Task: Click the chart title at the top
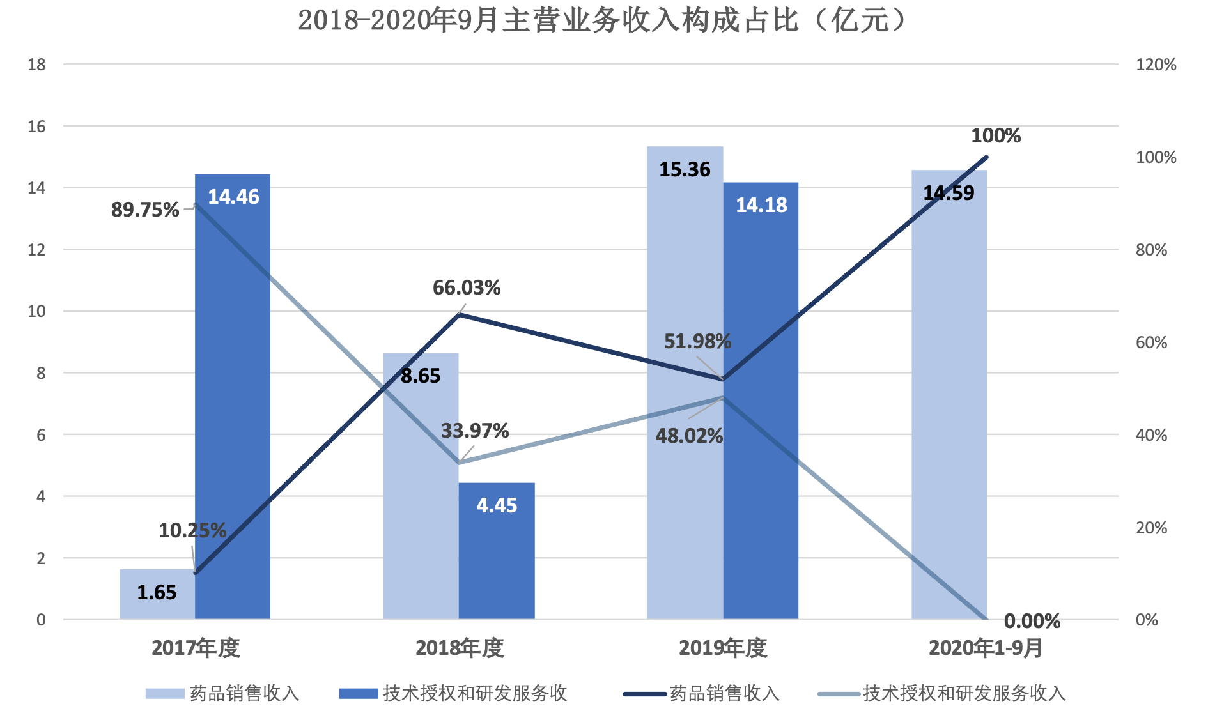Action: [603, 20]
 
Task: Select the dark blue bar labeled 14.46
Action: [233, 396]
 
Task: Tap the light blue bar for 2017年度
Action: [157, 594]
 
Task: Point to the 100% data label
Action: [996, 136]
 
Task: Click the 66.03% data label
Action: [467, 288]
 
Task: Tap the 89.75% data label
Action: [145, 210]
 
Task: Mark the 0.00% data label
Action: [1032, 621]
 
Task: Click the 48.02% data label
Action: [689, 436]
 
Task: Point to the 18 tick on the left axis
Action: [37, 65]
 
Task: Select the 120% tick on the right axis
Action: [1156, 65]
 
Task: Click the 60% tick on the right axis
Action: [1151, 342]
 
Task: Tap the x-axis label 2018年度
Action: [460, 648]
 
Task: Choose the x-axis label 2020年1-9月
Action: [986, 648]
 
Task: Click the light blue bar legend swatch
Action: [164, 694]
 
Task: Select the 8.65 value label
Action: [421, 376]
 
